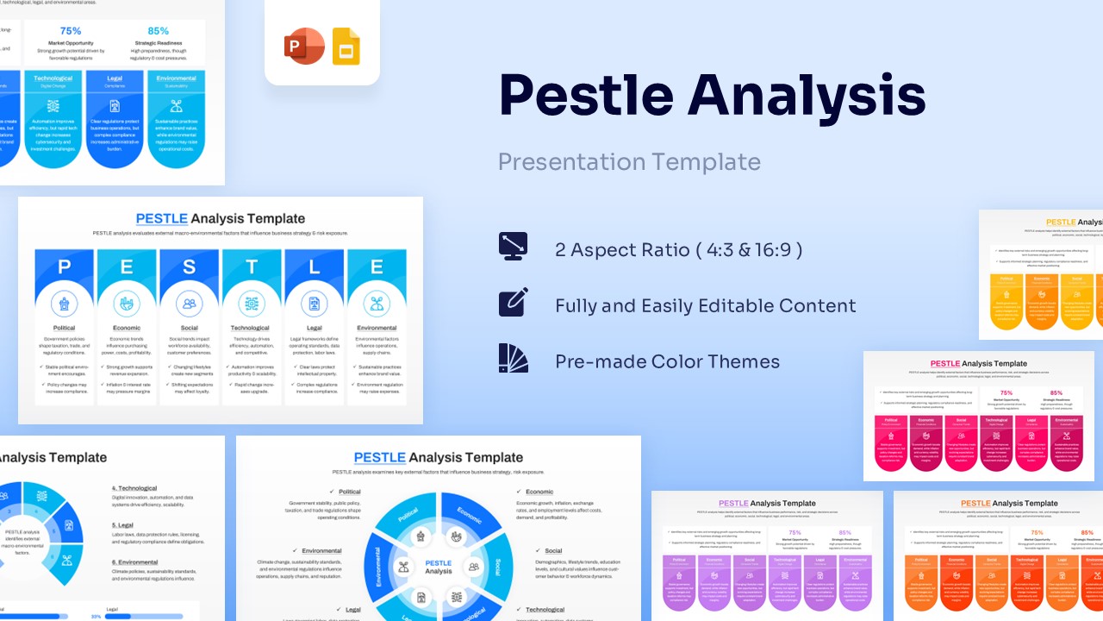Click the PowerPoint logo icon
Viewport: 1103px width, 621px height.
[304, 46]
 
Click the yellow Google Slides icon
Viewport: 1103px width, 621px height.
[346, 46]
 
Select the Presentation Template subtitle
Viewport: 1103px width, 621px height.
[629, 162]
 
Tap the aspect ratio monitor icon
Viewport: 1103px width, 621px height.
[513, 248]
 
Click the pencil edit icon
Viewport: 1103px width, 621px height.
[513, 303]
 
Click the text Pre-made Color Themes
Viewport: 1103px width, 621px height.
[667, 361]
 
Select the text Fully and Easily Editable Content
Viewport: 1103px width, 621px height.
[705, 306]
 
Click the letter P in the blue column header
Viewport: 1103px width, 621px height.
[64, 267]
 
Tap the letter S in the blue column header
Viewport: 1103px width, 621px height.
[189, 267]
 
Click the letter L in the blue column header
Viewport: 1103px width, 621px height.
[314, 267]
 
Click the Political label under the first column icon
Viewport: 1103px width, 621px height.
[64, 328]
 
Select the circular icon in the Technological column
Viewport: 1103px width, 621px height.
[252, 304]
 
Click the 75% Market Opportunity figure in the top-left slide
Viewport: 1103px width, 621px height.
[71, 31]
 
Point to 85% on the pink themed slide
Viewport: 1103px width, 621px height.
[1056, 392]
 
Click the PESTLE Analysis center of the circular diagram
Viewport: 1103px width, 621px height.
[438, 567]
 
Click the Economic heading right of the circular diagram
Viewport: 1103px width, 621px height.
[539, 492]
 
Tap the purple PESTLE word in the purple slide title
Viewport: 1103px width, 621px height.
[733, 503]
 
